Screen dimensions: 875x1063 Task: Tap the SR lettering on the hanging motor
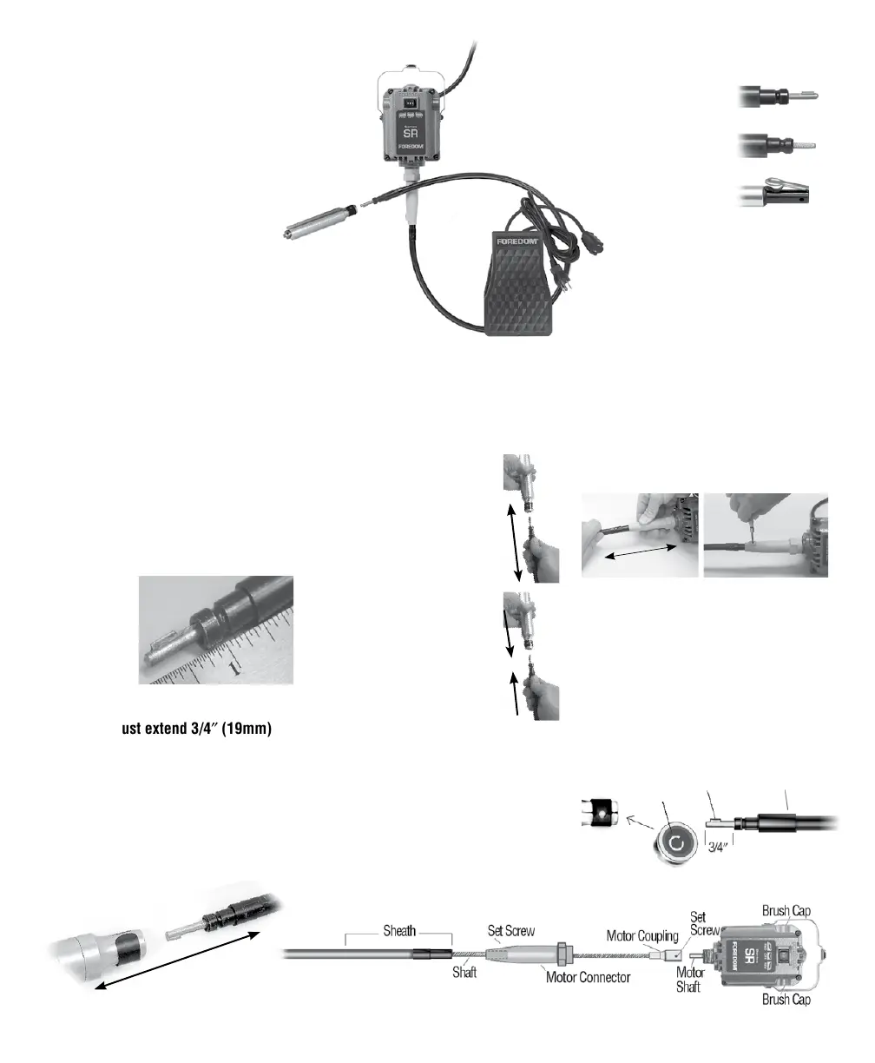pyautogui.click(x=412, y=133)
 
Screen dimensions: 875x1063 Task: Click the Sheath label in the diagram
pyautogui.click(x=398, y=931)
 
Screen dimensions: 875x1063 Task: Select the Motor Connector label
pyautogui.click(x=588, y=977)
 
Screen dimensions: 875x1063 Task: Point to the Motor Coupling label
pyautogui.click(x=641, y=936)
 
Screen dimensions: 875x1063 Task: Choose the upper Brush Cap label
pyautogui.click(x=786, y=911)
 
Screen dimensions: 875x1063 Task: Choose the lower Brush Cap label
pyautogui.click(x=786, y=999)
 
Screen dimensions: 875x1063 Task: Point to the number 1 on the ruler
pyautogui.click(x=234, y=667)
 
